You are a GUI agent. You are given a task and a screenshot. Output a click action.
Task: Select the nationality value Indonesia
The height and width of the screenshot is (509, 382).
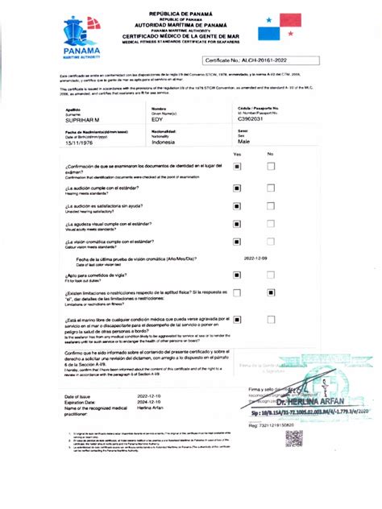(164, 142)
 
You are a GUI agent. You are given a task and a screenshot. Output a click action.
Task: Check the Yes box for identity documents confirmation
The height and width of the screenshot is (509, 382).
(238, 167)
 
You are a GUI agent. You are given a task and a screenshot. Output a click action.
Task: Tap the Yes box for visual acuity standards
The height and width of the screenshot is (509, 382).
(238, 228)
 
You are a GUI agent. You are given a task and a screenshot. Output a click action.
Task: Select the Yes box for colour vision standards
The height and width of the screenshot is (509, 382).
(238, 242)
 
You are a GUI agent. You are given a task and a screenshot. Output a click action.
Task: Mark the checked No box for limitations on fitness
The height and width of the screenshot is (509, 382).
(270, 296)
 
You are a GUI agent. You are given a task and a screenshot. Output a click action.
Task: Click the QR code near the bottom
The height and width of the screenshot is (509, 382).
(293, 439)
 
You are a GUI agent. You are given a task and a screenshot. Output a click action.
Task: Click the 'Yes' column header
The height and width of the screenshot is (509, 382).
(238, 154)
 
